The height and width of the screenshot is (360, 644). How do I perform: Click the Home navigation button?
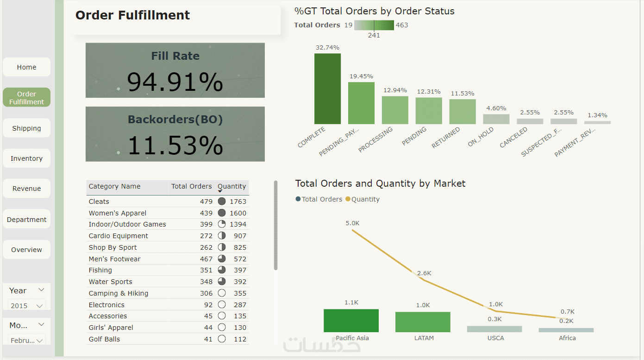click(26, 67)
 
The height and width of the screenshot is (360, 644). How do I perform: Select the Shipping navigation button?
click(26, 128)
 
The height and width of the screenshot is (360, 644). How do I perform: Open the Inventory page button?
click(26, 158)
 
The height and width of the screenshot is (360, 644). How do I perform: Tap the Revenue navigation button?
click(26, 189)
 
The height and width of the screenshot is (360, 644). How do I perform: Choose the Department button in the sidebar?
click(26, 220)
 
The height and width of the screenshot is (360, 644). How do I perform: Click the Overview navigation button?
click(26, 250)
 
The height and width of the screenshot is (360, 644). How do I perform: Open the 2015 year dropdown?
click(27, 306)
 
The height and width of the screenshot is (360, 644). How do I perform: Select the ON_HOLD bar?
click(496, 119)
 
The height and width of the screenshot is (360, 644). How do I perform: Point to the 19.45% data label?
click(361, 76)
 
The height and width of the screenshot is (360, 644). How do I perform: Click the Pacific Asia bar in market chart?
click(351, 321)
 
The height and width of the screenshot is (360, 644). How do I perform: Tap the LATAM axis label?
click(424, 338)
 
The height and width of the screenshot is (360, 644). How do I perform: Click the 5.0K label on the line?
click(352, 223)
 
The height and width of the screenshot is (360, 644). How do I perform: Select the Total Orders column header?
click(191, 186)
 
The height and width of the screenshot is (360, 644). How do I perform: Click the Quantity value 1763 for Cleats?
click(240, 202)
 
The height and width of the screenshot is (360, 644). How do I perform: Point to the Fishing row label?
click(100, 270)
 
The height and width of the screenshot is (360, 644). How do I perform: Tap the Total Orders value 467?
click(206, 259)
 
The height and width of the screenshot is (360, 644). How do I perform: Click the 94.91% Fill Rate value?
click(175, 82)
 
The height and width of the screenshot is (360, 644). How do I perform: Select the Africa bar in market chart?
click(566, 330)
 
